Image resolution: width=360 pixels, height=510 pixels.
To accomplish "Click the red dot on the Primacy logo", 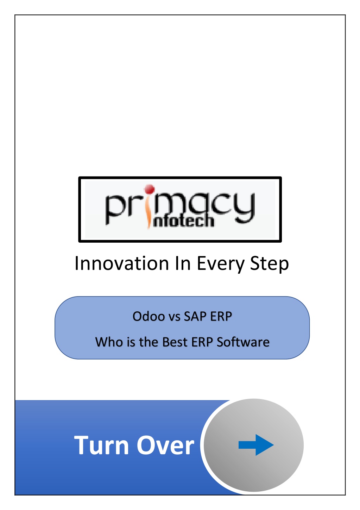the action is pyautogui.click(x=149, y=189).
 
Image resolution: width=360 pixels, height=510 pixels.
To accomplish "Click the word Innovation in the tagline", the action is pyautogui.click(x=121, y=263).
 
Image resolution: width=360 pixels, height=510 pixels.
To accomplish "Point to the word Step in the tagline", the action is pyautogui.click(x=269, y=265).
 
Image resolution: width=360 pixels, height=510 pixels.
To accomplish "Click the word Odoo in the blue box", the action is pyautogui.click(x=149, y=317).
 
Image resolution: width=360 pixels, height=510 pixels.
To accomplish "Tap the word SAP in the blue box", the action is pyautogui.click(x=195, y=317).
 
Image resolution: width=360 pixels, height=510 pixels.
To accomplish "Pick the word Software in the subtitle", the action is pyautogui.click(x=243, y=342).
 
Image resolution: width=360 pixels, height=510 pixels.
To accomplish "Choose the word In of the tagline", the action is pyautogui.click(x=182, y=263).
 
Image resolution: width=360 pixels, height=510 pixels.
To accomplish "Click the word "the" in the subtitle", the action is pyautogui.click(x=149, y=342).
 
